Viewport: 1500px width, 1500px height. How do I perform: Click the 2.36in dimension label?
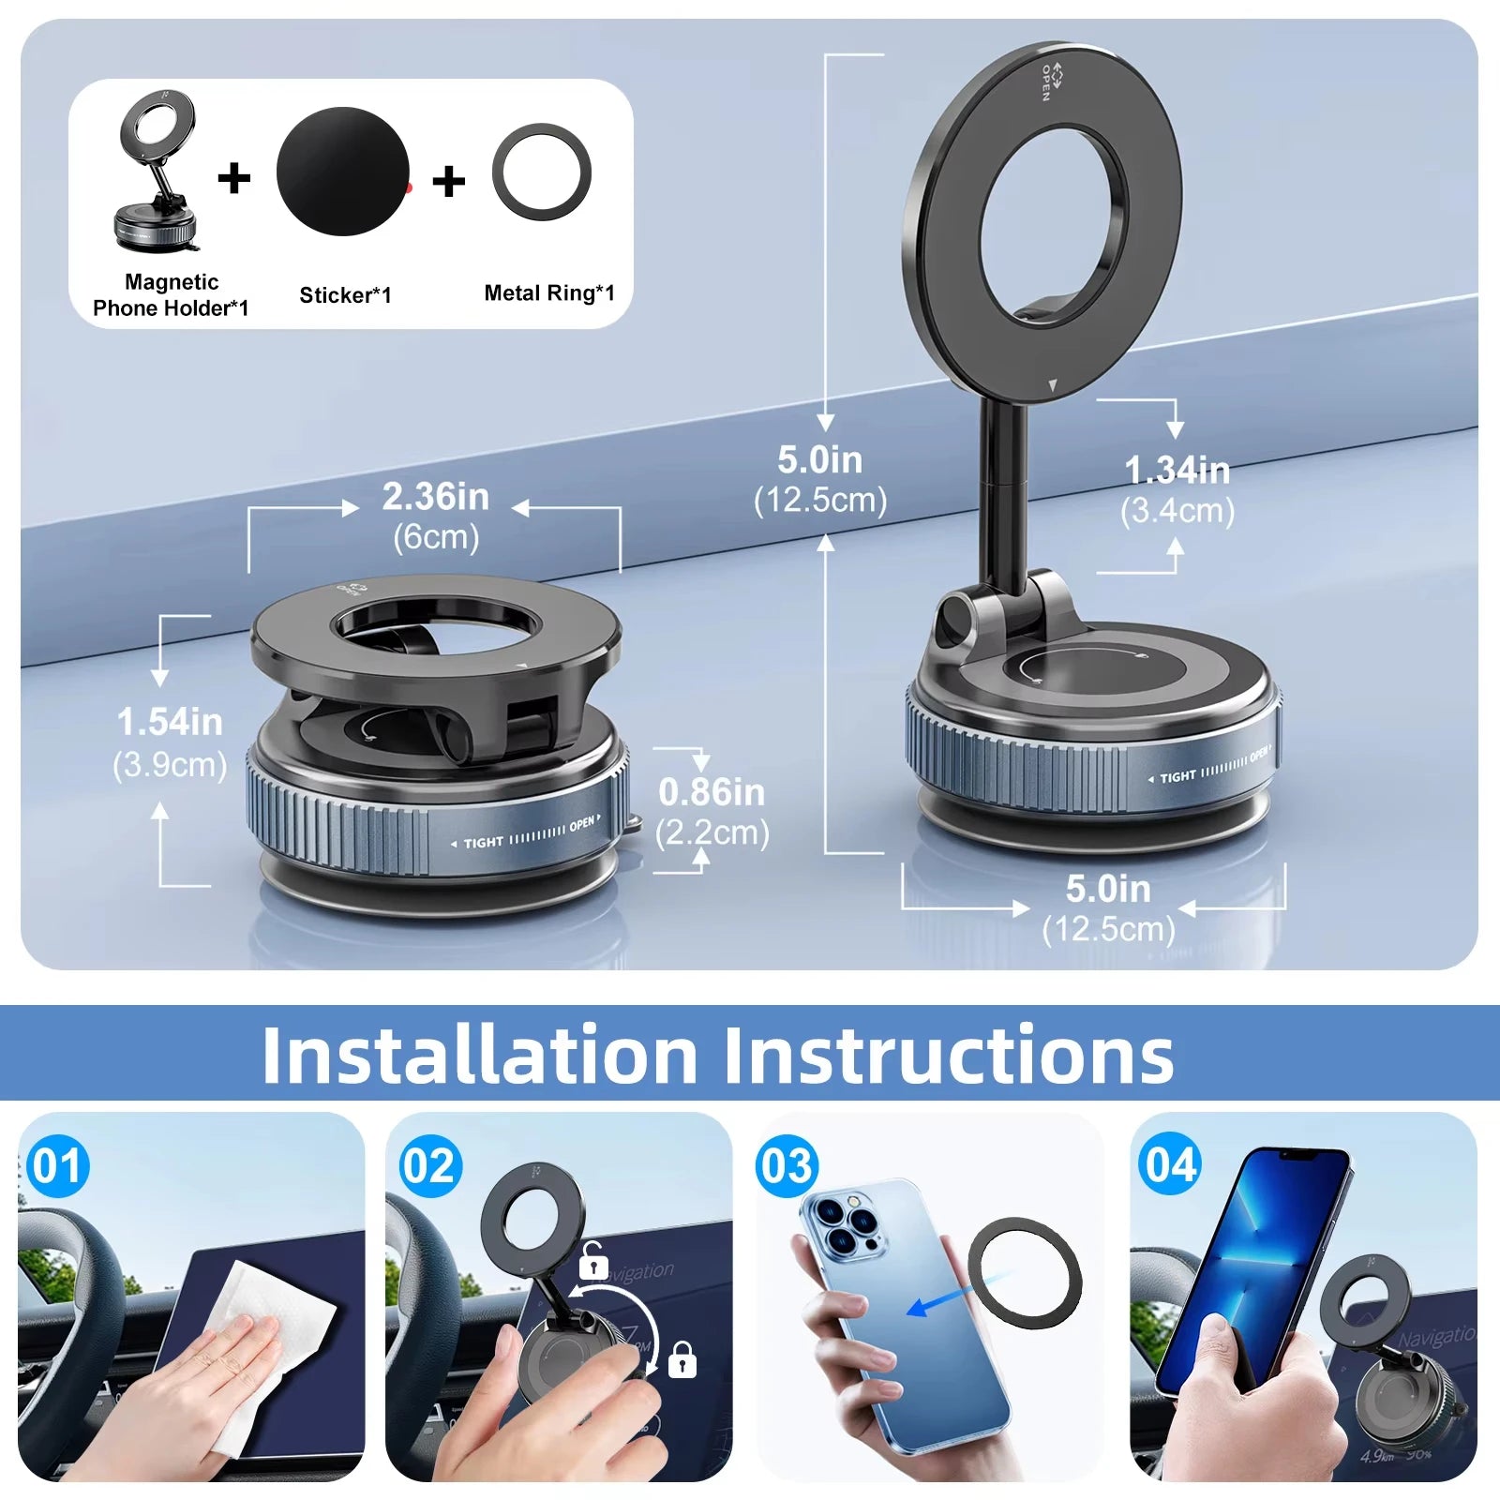[435, 497]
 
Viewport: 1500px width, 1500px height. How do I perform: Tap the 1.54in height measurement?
[170, 723]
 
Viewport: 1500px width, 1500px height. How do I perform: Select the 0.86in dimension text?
[712, 793]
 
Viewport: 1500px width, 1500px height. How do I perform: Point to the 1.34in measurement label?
[1177, 471]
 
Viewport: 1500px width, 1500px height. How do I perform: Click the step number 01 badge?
[57, 1166]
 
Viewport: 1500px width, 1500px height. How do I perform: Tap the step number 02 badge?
[430, 1166]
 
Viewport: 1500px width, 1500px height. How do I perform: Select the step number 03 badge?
[787, 1166]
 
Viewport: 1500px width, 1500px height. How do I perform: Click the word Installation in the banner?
[479, 1056]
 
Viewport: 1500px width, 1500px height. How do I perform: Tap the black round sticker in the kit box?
[343, 172]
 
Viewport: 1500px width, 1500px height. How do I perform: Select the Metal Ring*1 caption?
[549, 293]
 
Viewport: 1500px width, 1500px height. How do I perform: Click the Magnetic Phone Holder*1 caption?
[171, 295]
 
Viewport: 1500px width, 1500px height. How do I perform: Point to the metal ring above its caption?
[542, 172]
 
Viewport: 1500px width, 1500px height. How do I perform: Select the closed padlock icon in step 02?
[682, 1359]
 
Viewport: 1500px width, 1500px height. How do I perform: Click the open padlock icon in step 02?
[592, 1261]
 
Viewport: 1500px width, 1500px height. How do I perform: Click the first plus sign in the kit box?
[234, 178]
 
